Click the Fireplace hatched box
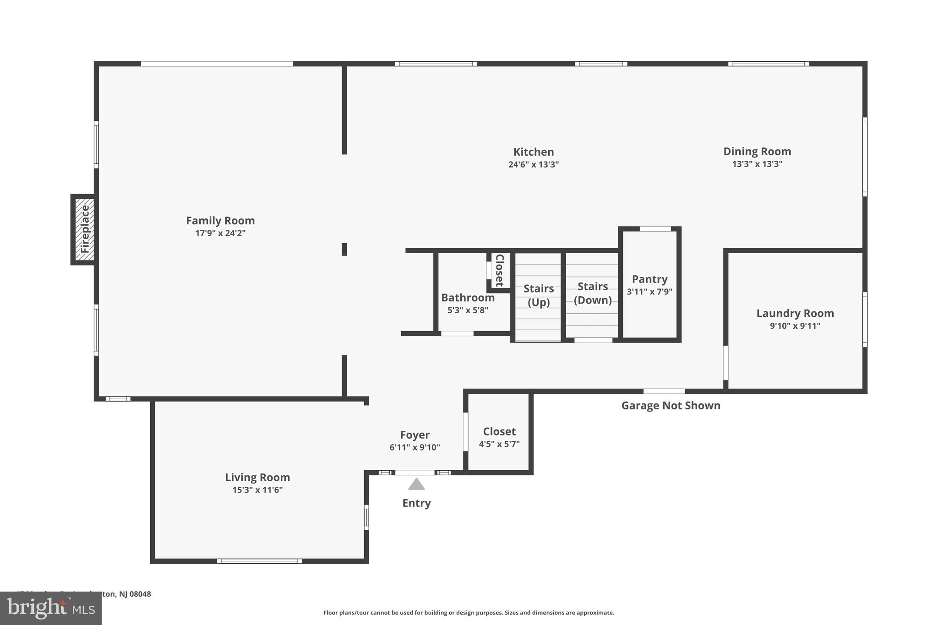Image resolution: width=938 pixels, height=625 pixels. [x=84, y=229]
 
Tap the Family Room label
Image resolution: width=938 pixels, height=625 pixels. [x=220, y=221]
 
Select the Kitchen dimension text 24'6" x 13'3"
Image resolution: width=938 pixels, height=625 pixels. [x=533, y=164]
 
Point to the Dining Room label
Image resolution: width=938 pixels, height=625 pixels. [x=757, y=152]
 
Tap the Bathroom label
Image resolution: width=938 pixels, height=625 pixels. [x=468, y=298]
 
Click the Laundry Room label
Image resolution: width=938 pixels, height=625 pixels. [x=795, y=314]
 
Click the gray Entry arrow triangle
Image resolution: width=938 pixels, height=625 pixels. [x=416, y=484]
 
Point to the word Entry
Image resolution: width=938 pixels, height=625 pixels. [x=416, y=503]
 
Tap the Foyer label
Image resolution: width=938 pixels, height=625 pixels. [x=414, y=435]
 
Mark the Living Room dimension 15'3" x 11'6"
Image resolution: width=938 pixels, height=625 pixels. [x=257, y=490]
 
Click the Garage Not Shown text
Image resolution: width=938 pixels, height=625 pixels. [x=671, y=406]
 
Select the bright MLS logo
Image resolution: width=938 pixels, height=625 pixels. [x=51, y=609]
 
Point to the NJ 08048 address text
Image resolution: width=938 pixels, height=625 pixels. [x=135, y=594]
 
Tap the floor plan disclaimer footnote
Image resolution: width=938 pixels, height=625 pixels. [x=469, y=613]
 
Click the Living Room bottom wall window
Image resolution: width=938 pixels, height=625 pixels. [x=259, y=561]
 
